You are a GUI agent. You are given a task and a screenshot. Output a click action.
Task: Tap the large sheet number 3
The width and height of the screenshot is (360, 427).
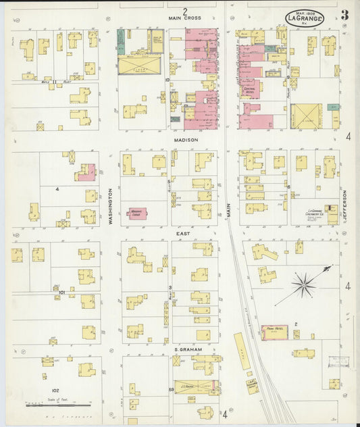pos(345,15)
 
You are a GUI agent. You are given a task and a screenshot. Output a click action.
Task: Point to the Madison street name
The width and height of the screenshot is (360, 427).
pos(185,140)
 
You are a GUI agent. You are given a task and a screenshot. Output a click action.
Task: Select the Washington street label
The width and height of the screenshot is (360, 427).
pos(110,206)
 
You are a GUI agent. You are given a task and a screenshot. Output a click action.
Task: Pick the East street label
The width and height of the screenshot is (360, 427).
pos(183,233)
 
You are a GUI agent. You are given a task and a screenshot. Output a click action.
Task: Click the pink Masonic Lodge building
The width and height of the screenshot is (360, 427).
pos(137,213)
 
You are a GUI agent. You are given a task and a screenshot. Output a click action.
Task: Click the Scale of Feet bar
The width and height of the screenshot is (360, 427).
pos(49,405)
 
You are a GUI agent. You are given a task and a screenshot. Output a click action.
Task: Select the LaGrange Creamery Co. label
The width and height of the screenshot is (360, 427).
pos(313,215)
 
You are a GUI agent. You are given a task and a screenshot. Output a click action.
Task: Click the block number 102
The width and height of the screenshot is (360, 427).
pos(55,391)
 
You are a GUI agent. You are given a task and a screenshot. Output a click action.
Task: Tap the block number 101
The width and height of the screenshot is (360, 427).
pos(62,293)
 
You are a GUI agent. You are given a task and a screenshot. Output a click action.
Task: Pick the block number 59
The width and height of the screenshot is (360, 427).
pos(172,390)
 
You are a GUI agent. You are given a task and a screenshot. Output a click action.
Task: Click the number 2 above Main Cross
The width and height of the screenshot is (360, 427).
pos(184,11)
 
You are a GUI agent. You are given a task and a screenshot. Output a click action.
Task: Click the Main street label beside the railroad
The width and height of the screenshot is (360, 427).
pos(228,211)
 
